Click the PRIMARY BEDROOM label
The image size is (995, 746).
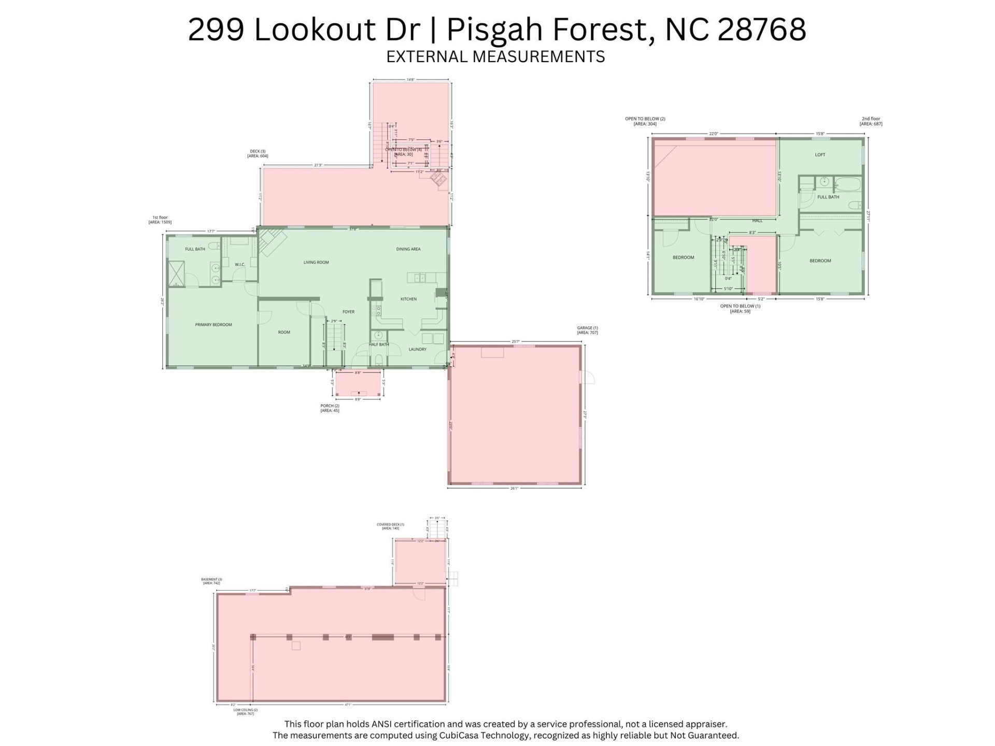click(214, 325)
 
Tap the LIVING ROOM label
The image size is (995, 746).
click(316, 263)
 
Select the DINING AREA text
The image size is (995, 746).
click(408, 249)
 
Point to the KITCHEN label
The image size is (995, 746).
click(408, 299)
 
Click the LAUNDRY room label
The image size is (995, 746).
click(417, 350)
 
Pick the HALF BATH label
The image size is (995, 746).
click(379, 345)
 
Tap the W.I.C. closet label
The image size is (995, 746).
click(239, 265)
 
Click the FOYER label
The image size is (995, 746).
click(348, 312)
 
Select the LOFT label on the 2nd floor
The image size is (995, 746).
click(820, 155)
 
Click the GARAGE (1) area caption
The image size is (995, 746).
click(587, 330)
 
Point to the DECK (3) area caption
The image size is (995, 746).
click(258, 153)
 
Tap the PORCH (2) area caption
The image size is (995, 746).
click(330, 408)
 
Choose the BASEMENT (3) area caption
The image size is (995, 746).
click(211, 581)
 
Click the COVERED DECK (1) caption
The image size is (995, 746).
click(390, 526)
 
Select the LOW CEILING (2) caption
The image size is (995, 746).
click(245, 712)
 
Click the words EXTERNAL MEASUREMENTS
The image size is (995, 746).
click(495, 56)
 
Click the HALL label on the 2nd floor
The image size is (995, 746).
click(757, 221)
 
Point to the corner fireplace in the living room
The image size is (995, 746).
click(272, 242)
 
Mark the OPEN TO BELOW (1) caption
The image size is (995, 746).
click(740, 308)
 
